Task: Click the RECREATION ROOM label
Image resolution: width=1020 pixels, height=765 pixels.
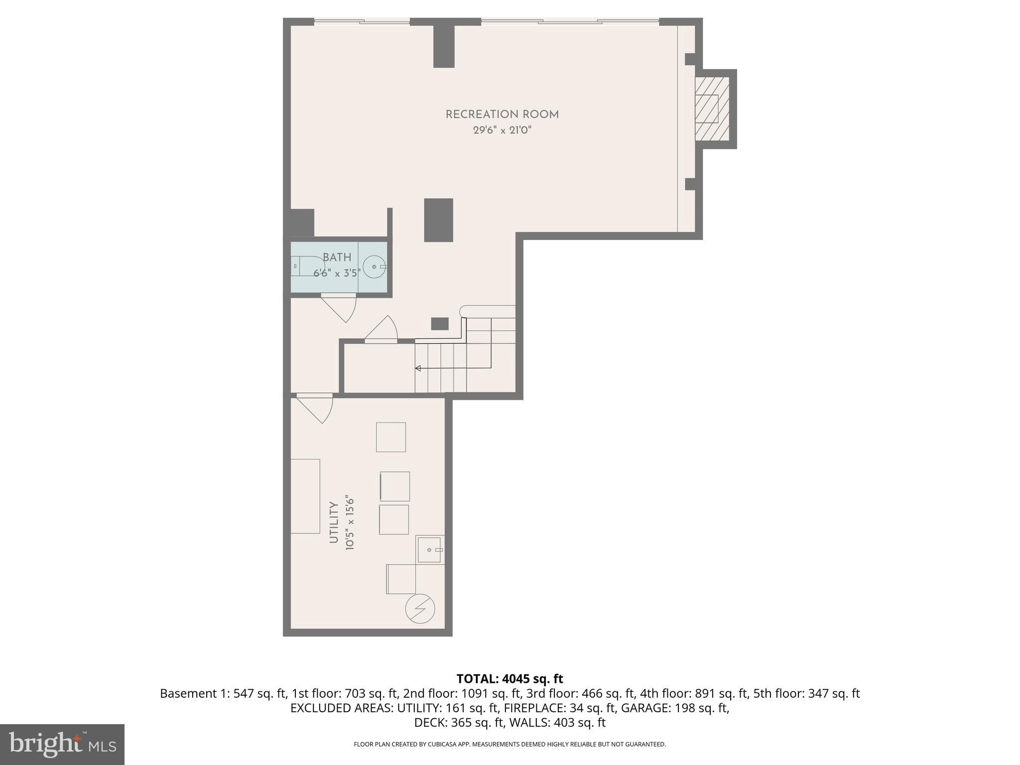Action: pyautogui.click(x=502, y=115)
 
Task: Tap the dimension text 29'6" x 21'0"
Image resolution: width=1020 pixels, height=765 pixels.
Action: pyautogui.click(x=502, y=130)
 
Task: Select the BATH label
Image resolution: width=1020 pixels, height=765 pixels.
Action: pyautogui.click(x=337, y=257)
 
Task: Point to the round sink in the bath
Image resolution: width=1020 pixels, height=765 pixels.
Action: pyautogui.click(x=374, y=267)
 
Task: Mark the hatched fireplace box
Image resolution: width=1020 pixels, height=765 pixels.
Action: pyautogui.click(x=712, y=109)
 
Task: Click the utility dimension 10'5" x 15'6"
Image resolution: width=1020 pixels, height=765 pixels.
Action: pyautogui.click(x=350, y=523)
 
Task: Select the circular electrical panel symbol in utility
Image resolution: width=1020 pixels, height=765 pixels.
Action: pyautogui.click(x=420, y=609)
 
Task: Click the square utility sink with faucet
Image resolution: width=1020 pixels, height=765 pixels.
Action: pyautogui.click(x=429, y=549)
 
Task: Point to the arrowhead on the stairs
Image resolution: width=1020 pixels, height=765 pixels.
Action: pyautogui.click(x=418, y=369)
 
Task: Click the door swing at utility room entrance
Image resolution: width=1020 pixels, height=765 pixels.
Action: pyautogui.click(x=316, y=408)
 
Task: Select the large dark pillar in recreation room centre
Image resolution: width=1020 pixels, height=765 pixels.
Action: pyautogui.click(x=438, y=220)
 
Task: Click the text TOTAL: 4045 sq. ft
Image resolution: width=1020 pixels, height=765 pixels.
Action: pyautogui.click(x=510, y=679)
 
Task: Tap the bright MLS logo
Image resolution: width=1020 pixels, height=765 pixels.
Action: pyautogui.click(x=62, y=744)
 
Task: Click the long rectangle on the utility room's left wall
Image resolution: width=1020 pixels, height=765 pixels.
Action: pyautogui.click(x=305, y=496)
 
